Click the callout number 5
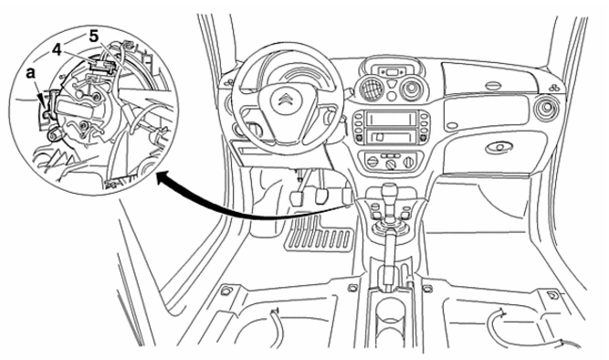pyautogui.click(x=94, y=37)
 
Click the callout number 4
pyautogui.click(x=57, y=49)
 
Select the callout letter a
pyautogui.click(x=31, y=73)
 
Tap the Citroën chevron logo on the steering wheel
pyautogui.click(x=285, y=101)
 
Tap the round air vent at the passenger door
pyautogui.click(x=547, y=108)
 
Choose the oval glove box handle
pyautogui.click(x=499, y=147)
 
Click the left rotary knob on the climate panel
pyautogui.click(x=373, y=162)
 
